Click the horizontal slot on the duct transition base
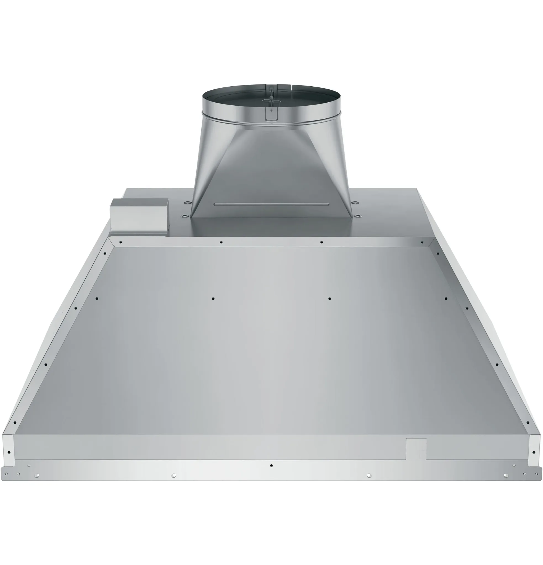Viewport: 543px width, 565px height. (x=271, y=204)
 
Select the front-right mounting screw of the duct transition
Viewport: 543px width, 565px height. (x=357, y=216)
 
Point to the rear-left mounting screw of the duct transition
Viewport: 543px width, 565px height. (x=187, y=202)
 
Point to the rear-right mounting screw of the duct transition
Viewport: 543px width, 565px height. (x=355, y=202)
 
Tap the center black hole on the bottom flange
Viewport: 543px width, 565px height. (x=271, y=465)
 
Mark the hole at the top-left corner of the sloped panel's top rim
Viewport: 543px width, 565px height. (x=121, y=242)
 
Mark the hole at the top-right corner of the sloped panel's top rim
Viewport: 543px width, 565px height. (x=422, y=242)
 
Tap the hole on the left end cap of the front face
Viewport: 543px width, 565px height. (x=9, y=452)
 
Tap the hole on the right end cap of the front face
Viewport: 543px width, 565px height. (x=534, y=452)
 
